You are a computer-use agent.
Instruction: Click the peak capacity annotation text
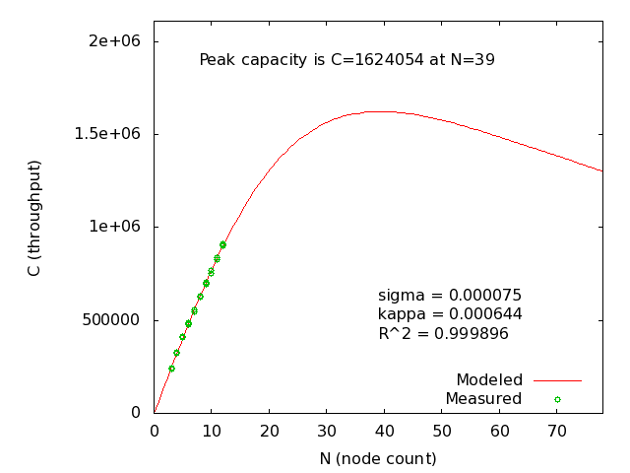pyautogui.click(x=346, y=59)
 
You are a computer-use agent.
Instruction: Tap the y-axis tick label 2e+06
pyautogui.click(x=114, y=40)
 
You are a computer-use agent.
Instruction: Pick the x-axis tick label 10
pyautogui.click(x=212, y=431)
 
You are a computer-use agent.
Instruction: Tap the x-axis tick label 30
pyautogui.click(x=327, y=431)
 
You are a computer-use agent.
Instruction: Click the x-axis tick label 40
pyautogui.click(x=385, y=431)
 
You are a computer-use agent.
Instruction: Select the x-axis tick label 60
pyautogui.click(x=500, y=431)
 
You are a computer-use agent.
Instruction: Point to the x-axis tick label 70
pyautogui.click(x=557, y=431)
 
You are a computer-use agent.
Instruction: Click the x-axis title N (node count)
pyautogui.click(x=377, y=458)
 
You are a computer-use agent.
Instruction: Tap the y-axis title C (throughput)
pyautogui.click(x=34, y=218)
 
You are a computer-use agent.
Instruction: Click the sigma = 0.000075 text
pyautogui.click(x=449, y=295)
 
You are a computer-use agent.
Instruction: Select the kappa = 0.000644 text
pyautogui.click(x=449, y=313)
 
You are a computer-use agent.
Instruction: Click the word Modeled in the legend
pyautogui.click(x=488, y=379)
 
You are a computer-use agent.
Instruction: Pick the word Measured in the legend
pyautogui.click(x=482, y=398)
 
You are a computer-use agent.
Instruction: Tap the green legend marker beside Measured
pyautogui.click(x=557, y=399)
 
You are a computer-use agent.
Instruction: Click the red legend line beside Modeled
pyautogui.click(x=557, y=379)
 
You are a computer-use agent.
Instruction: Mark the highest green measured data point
pyautogui.click(x=222, y=244)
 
